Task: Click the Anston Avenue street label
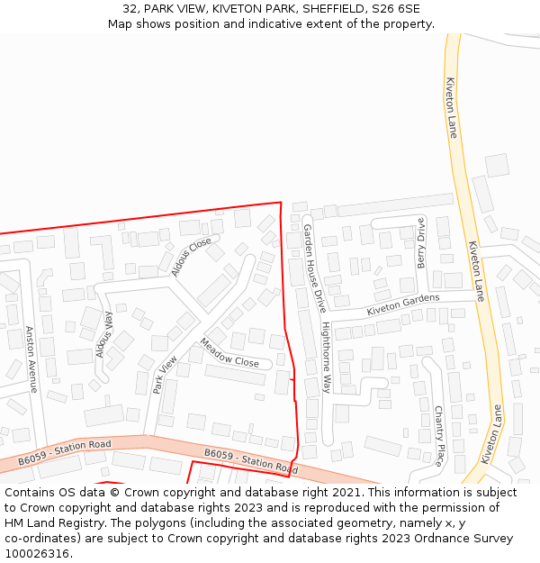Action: (x=31, y=359)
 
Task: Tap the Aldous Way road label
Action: (x=104, y=335)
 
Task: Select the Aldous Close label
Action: (x=191, y=255)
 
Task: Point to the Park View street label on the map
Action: (x=165, y=374)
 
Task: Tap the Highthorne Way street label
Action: (x=327, y=357)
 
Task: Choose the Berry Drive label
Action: (x=420, y=242)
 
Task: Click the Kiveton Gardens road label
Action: (x=403, y=304)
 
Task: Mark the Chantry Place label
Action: (x=439, y=435)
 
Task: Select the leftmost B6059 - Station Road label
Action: (x=64, y=453)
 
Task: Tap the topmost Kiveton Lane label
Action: (x=452, y=107)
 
